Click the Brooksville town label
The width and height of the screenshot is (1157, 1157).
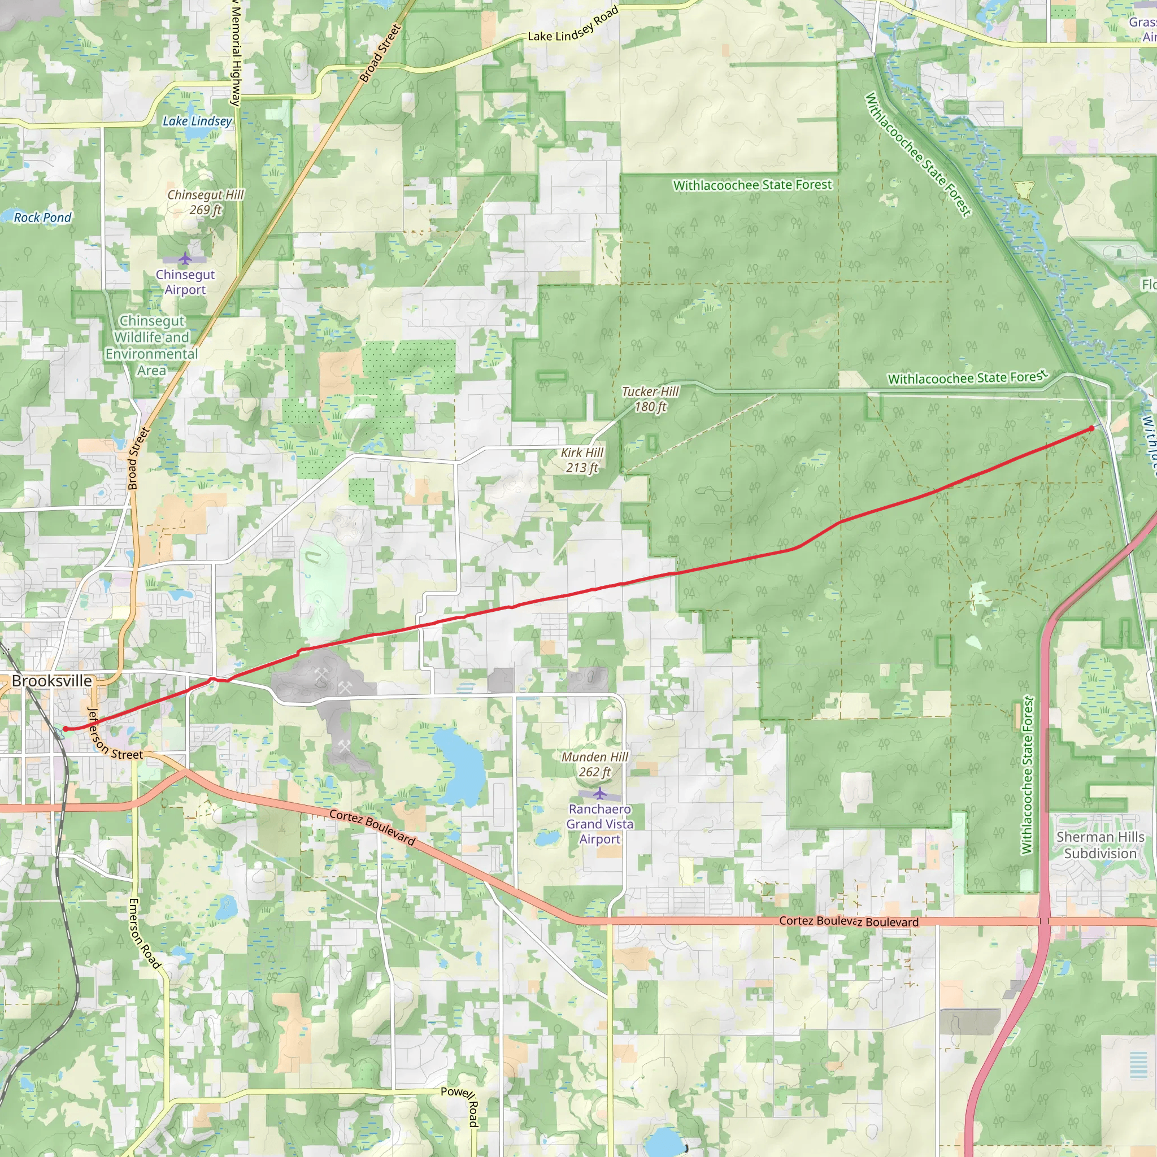52,681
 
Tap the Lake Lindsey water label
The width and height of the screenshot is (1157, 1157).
197,121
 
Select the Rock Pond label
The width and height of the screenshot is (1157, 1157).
42,218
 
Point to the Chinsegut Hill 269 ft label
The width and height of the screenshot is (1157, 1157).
206,202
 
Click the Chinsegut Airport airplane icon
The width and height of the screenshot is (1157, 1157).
186,259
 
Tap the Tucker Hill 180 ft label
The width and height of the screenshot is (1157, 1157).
650,399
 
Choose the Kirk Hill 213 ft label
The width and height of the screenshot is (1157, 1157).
582,460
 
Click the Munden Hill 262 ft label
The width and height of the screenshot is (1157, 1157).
595,764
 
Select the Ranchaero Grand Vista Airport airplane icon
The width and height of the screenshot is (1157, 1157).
600,794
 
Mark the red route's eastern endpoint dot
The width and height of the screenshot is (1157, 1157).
1091,428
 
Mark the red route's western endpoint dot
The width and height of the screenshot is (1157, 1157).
66,729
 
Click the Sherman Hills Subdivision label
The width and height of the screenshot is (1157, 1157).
1100,845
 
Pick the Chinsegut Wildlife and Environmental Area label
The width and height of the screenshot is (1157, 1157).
152,346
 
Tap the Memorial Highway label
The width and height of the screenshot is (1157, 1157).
237,54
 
